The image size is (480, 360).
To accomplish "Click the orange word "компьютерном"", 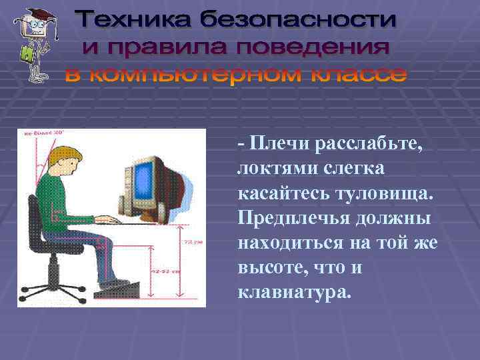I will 201,75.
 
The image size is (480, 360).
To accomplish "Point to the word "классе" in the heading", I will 357,75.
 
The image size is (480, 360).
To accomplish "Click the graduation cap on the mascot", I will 33,15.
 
